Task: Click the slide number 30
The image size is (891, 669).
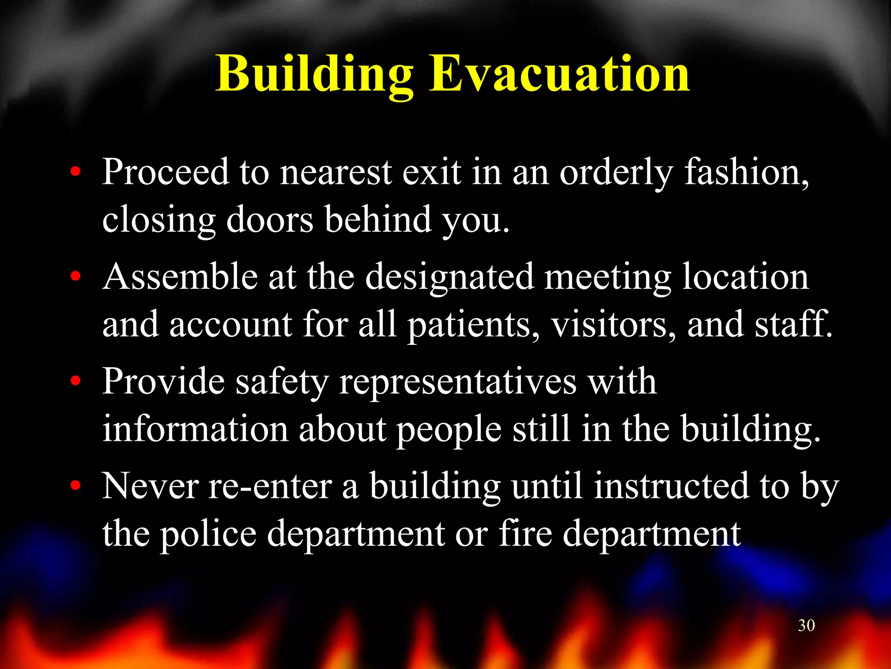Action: tap(806, 625)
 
